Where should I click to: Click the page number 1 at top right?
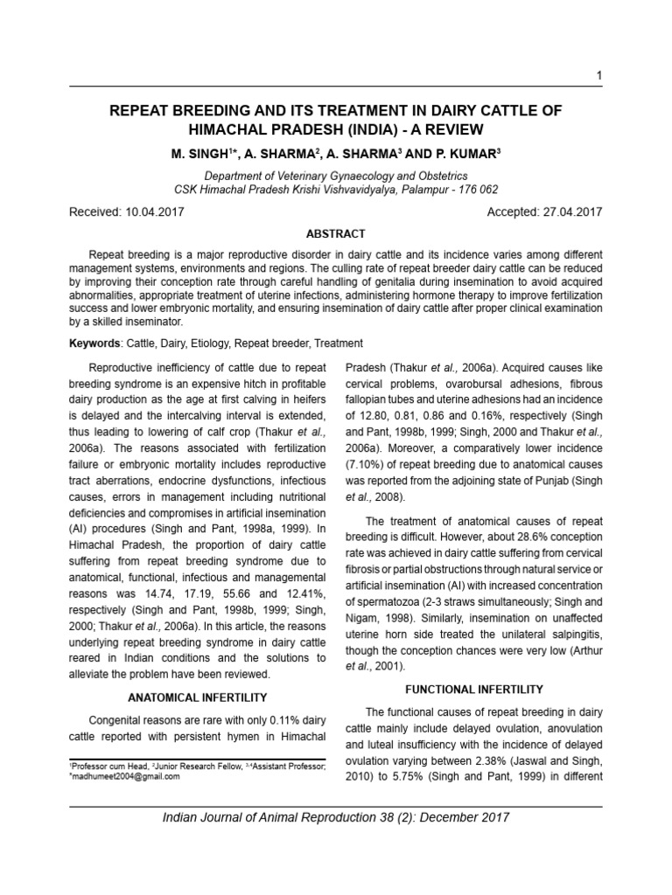pyautogui.click(x=598, y=76)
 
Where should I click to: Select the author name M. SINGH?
pyautogui.click(x=199, y=154)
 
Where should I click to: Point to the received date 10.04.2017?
pyautogui.click(x=152, y=212)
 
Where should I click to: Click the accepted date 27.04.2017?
pyautogui.click(x=570, y=212)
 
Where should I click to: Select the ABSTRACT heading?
pyautogui.click(x=335, y=234)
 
